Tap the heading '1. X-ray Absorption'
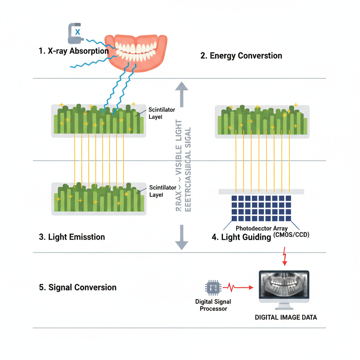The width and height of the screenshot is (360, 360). coord(73,51)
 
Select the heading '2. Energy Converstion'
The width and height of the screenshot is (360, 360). coord(241,56)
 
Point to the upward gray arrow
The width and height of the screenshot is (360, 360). coord(181,94)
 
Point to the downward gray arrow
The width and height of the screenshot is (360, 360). coord(181,237)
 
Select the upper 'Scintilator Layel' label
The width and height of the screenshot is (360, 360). coord(161,113)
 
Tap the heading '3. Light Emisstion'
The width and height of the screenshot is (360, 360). coord(72,237)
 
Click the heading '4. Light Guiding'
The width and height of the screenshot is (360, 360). coord(241,237)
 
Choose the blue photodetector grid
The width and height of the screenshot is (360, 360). coord(261,208)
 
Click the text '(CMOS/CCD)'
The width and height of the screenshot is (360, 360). coord(291,234)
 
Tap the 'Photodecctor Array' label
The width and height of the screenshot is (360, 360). coord(261,228)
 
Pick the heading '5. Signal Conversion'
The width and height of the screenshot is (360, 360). coord(77,287)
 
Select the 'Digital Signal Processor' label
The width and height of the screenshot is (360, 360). coord(213,305)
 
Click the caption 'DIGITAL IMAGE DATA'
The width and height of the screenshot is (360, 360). coord(286,317)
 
